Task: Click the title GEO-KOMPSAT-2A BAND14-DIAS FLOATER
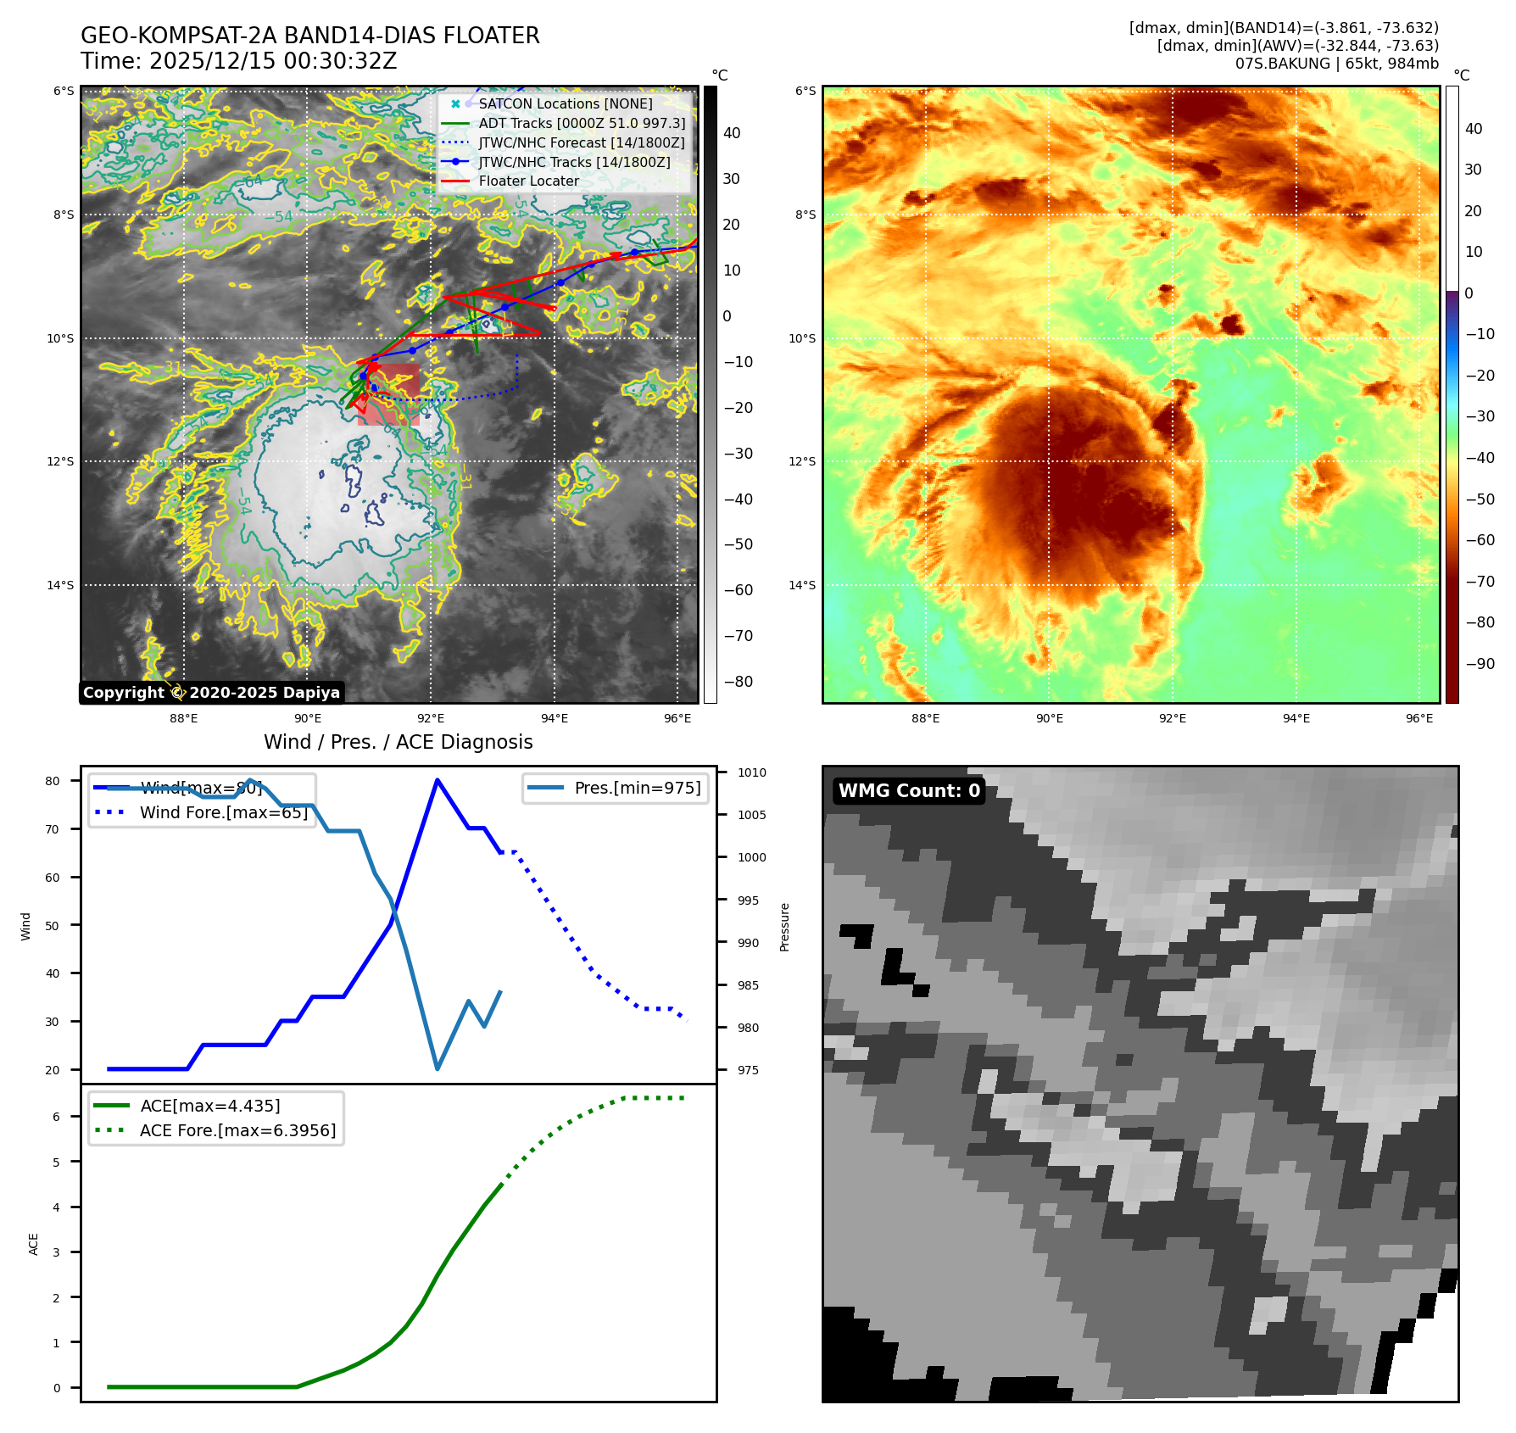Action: click(x=309, y=36)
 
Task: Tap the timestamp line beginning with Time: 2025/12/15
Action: click(x=238, y=61)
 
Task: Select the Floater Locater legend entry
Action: click(x=528, y=181)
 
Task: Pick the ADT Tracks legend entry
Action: click(x=581, y=123)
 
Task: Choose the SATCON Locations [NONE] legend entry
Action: click(x=565, y=103)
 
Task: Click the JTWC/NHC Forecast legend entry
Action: click(x=581, y=142)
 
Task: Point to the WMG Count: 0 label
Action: click(x=908, y=790)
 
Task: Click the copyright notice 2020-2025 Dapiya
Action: click(x=211, y=692)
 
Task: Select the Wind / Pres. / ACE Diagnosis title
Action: click(x=398, y=742)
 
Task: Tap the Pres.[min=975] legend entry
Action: click(x=637, y=788)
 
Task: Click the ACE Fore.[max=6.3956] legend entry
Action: click(x=237, y=1130)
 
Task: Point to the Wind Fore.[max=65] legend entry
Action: click(x=223, y=812)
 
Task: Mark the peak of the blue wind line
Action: click(x=437, y=780)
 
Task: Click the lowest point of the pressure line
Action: click(x=438, y=1068)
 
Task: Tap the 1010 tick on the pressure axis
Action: click(x=751, y=772)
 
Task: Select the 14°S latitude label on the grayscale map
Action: click(x=60, y=585)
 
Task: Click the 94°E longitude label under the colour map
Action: click(x=1296, y=718)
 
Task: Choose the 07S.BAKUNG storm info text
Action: click(x=1336, y=64)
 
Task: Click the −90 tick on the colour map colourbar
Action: click(x=1480, y=663)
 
